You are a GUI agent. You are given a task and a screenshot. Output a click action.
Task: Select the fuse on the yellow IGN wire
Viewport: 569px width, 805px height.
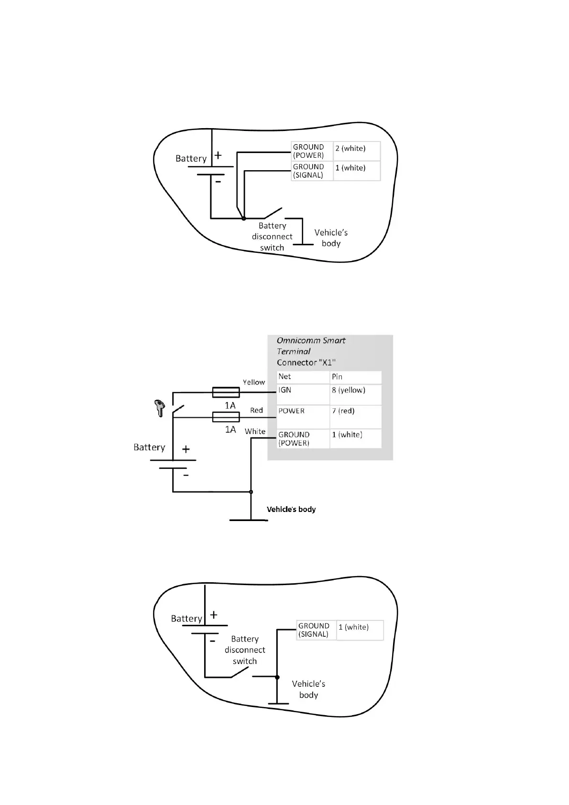click(226, 392)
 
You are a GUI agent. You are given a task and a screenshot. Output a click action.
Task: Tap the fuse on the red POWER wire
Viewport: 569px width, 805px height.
click(226, 417)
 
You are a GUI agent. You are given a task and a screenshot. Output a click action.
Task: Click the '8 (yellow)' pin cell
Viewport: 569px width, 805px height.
click(355, 394)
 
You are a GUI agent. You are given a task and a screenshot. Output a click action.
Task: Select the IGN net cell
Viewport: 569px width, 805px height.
click(303, 394)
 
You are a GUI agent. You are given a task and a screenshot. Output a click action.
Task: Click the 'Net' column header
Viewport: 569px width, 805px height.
click(303, 377)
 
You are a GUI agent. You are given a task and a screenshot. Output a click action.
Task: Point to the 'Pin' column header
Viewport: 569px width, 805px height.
click(355, 377)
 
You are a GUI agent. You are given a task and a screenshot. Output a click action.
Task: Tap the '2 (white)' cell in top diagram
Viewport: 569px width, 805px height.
click(356, 151)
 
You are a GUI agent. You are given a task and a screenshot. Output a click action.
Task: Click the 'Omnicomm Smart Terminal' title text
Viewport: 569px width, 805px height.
click(311, 346)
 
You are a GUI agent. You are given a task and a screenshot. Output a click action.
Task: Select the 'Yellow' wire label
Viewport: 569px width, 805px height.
click(253, 382)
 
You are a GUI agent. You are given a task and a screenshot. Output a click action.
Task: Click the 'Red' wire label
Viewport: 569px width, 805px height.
click(256, 410)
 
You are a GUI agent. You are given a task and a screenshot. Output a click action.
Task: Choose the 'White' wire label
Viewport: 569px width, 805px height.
click(255, 431)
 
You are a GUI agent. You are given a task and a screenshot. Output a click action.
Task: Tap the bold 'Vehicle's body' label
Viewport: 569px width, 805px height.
click(291, 509)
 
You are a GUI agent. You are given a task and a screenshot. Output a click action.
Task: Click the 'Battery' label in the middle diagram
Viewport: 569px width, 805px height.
click(149, 447)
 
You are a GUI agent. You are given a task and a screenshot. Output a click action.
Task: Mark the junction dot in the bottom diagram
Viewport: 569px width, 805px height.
click(277, 677)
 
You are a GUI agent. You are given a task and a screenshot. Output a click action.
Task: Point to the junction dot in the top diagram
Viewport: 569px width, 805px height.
click(243, 218)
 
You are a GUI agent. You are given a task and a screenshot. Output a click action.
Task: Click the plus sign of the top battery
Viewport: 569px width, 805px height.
click(218, 155)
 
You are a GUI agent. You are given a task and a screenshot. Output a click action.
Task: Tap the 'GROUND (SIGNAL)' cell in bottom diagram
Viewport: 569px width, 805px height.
click(316, 630)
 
